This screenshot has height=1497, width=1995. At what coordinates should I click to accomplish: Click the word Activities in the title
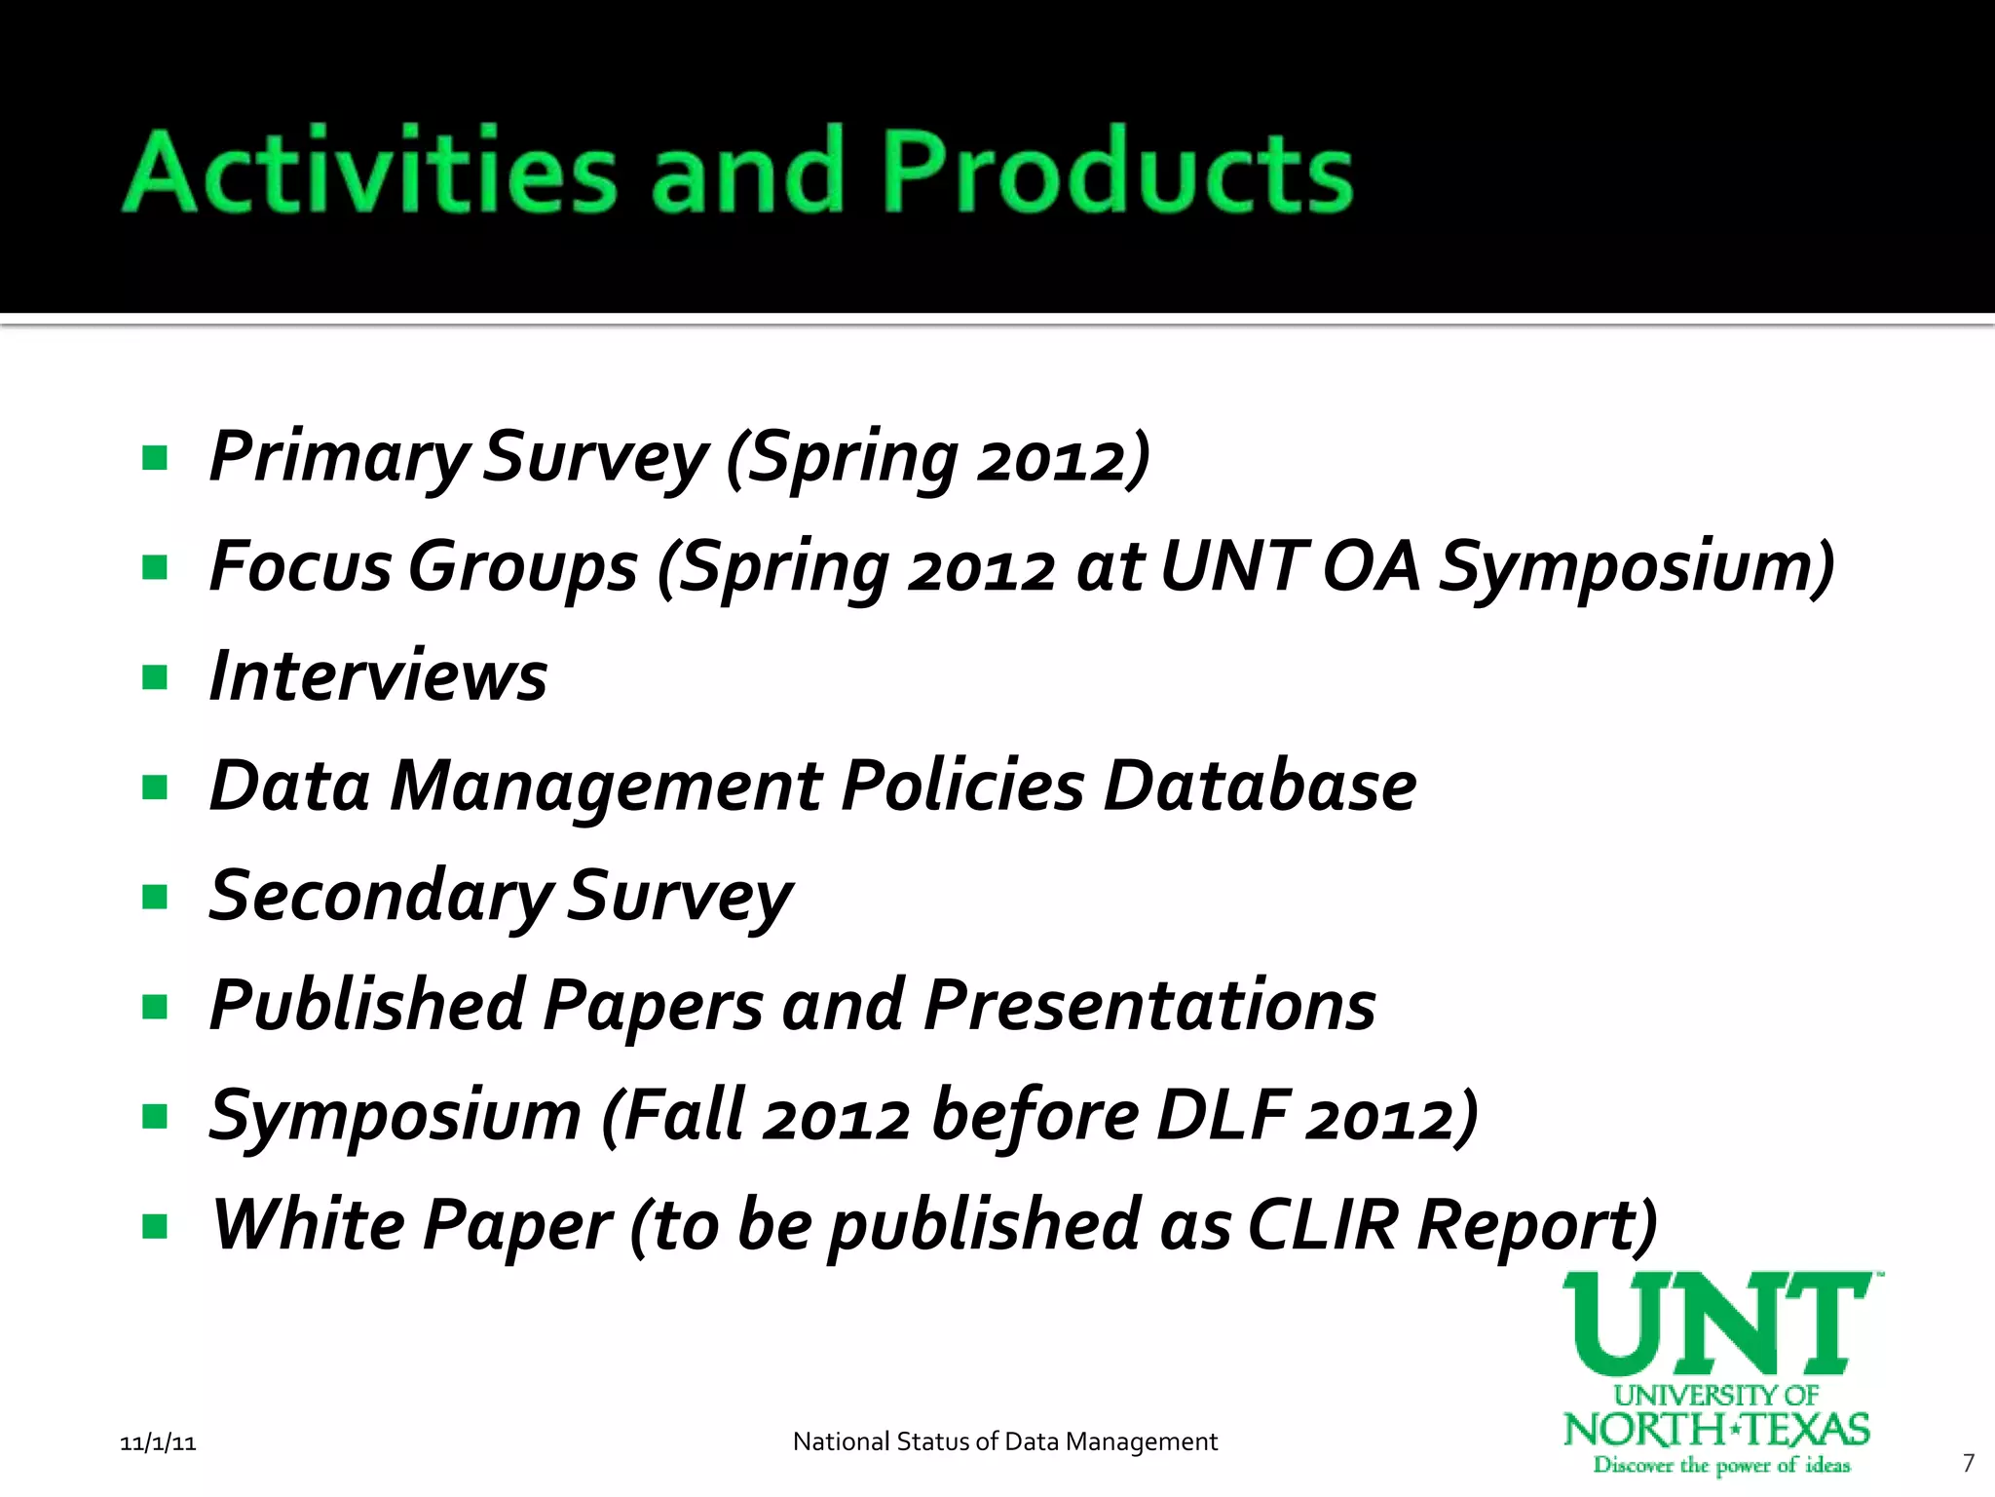coord(370,172)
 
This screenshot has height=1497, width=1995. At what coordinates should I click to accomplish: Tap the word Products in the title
coord(1117,172)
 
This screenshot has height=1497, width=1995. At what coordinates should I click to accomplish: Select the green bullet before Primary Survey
coord(155,457)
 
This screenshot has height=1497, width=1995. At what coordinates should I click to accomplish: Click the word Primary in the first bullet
coord(338,457)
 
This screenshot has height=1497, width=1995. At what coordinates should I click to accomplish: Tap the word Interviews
coord(378,676)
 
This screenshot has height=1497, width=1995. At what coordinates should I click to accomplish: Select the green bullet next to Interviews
coord(155,676)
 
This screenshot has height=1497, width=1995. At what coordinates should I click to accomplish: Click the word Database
coord(1260,786)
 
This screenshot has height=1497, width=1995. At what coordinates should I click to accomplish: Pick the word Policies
coord(962,786)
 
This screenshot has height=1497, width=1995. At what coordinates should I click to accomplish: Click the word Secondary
coord(380,896)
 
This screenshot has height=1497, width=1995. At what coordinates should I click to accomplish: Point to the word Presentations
coord(1149,1005)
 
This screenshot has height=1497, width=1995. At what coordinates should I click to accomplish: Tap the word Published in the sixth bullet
coord(367,1005)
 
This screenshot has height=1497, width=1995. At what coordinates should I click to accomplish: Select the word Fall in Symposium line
coord(683,1115)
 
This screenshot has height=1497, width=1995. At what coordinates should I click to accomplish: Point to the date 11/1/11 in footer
coord(158,1443)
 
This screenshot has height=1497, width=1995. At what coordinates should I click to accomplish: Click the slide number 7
coord(1968,1463)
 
